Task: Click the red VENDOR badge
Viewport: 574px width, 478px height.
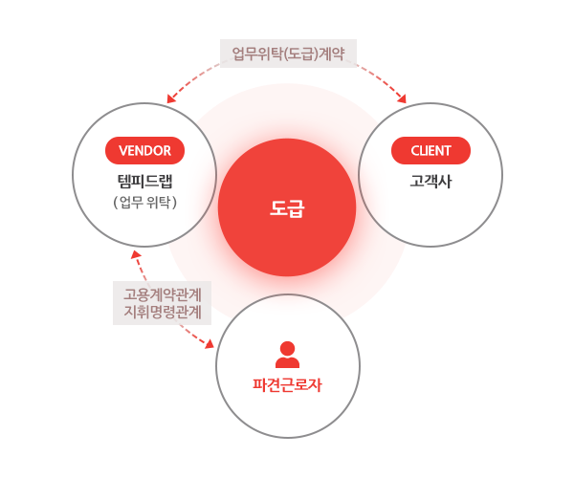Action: [x=144, y=150]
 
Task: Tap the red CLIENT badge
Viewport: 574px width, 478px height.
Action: [x=430, y=150]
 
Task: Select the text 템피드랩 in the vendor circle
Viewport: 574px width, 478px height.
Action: [x=144, y=179]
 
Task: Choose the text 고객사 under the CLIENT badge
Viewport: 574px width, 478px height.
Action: [x=430, y=179]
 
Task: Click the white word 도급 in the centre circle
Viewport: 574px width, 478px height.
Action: [x=287, y=209]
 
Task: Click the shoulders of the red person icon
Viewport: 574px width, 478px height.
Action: [x=287, y=362]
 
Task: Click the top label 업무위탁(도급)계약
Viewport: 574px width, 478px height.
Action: [x=288, y=53]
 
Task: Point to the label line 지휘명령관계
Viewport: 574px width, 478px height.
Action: [x=161, y=311]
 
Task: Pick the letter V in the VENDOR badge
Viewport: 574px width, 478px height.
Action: [x=122, y=150]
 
